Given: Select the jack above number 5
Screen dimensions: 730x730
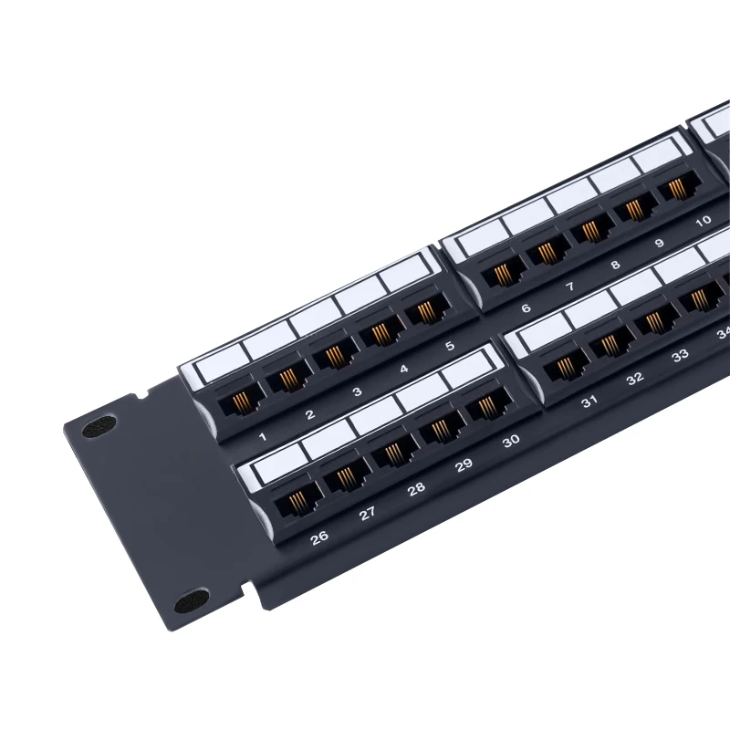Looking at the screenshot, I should (x=422, y=312).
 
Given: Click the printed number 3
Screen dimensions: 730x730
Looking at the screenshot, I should (x=357, y=391).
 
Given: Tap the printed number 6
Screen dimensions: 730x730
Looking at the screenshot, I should (x=526, y=308).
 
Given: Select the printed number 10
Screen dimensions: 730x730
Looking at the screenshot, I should (x=703, y=220).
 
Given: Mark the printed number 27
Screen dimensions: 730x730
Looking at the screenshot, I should (x=367, y=513).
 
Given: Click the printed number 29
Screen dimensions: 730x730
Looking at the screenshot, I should (x=464, y=465).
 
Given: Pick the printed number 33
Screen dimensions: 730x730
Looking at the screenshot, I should (x=680, y=356).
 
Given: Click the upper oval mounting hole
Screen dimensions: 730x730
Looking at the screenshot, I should (x=99, y=426).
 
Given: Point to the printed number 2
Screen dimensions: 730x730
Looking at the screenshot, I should (x=310, y=414).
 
